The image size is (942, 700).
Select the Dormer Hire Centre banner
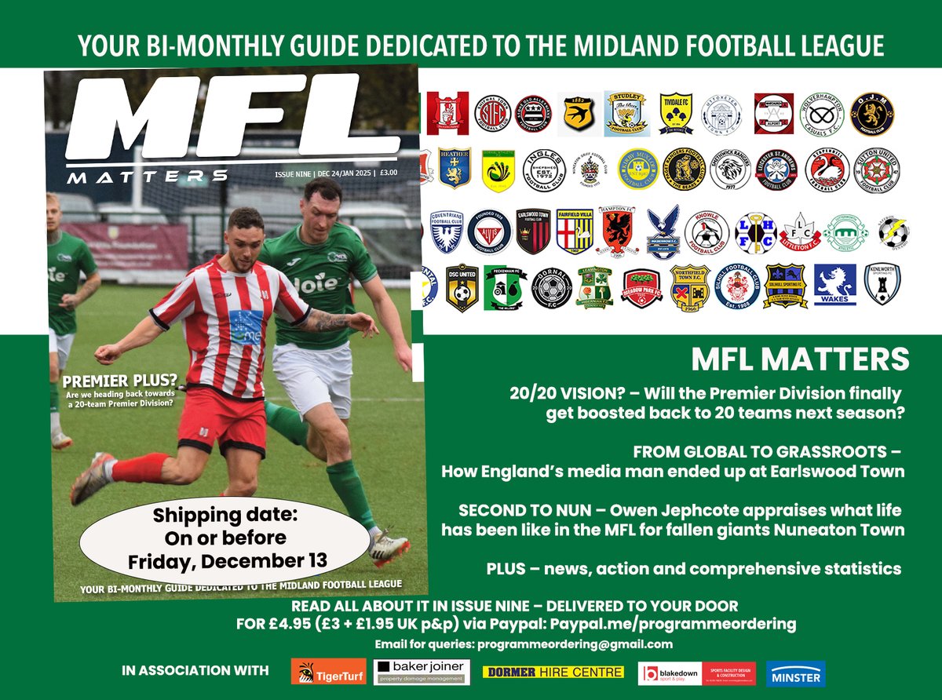[553, 673]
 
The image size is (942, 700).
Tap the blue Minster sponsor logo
[795, 674]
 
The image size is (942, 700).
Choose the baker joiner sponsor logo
[422, 672]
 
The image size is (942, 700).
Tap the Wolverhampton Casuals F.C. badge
[821, 114]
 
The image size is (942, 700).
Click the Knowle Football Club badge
[706, 232]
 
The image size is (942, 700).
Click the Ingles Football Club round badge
[544, 170]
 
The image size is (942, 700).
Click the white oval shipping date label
[225, 538]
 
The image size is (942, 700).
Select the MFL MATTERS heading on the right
[799, 360]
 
